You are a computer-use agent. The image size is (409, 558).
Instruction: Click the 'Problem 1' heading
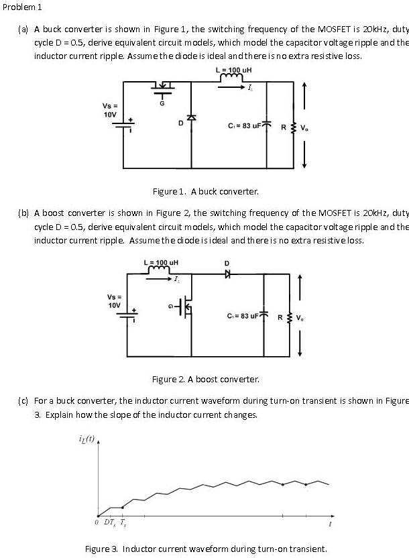coord(22,7)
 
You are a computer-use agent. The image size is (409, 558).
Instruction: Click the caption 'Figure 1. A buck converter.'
coord(205,192)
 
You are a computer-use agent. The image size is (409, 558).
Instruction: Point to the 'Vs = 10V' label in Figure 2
coord(114,300)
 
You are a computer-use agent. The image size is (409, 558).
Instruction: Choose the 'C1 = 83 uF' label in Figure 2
coord(240,315)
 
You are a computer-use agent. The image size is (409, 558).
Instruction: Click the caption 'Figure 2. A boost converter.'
coord(205,380)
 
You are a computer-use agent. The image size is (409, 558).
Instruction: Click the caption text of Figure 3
coord(205,549)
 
